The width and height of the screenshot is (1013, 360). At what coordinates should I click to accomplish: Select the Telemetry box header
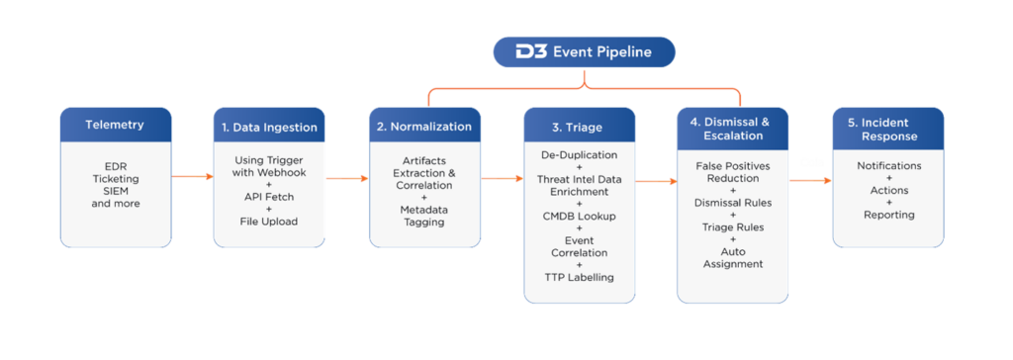pos(116,125)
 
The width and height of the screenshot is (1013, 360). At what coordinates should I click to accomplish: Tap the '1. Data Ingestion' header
pos(269,127)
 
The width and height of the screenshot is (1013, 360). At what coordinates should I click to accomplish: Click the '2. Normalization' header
pos(425,127)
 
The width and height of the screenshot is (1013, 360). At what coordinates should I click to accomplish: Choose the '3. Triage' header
pos(580,127)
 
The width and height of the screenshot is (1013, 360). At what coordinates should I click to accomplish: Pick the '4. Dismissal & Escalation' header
pos(733,127)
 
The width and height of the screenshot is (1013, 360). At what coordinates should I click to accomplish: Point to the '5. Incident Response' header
pos(888,128)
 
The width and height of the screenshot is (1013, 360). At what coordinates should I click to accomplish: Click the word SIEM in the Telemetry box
pos(116,191)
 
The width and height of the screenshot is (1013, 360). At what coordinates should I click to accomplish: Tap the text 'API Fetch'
pos(269,197)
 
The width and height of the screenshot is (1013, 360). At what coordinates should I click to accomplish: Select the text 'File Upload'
pos(269,222)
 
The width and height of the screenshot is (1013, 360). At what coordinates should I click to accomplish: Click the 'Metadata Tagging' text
pos(425,216)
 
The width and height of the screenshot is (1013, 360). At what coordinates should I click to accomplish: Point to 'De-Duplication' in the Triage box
pos(580,155)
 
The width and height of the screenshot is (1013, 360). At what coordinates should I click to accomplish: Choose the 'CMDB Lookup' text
pos(580,216)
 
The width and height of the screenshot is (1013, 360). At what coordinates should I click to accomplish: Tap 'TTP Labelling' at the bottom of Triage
pos(580,277)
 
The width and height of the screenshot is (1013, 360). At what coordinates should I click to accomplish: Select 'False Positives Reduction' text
pos(733,171)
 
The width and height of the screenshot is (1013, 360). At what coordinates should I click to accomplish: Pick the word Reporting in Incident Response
pos(888,215)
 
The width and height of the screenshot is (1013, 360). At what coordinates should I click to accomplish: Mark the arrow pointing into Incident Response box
pos(811,180)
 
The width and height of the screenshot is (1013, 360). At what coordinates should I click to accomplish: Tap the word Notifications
pos(888,165)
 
